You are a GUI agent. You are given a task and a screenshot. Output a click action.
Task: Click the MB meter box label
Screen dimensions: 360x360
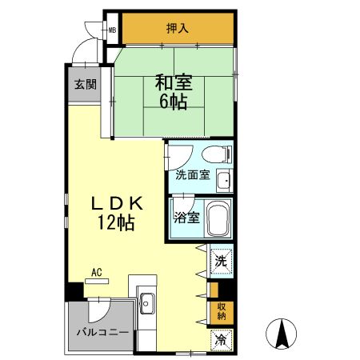click(x=113, y=31)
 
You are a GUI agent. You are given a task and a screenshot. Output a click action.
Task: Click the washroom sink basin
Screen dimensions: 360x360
click(x=225, y=178)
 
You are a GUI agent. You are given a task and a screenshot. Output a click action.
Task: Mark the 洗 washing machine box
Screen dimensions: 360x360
click(x=220, y=259)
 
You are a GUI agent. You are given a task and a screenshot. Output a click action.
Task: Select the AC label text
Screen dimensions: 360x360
click(x=96, y=273)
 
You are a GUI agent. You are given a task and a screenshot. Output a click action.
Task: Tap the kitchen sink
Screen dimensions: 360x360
click(x=147, y=303)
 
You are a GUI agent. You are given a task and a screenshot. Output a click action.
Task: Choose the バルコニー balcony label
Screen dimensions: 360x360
click(x=102, y=330)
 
